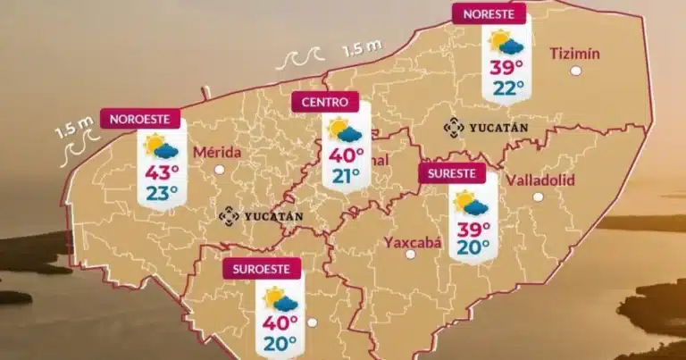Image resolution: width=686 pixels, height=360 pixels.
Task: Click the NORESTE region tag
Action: coord(489,14)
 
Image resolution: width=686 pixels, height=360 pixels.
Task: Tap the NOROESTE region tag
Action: coord(141,119)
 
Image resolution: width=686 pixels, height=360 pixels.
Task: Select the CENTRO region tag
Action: coord(325,103)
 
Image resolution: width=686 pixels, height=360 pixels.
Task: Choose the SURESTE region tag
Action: coord(452,173)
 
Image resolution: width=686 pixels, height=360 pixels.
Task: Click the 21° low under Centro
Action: coord(347,175)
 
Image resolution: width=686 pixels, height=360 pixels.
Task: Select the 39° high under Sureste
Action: coord(473,229)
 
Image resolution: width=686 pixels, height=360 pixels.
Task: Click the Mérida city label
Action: coord(217,152)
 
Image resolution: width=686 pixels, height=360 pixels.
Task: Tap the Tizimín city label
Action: coord(574,53)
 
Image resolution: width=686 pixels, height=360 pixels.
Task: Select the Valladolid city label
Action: coord(540,180)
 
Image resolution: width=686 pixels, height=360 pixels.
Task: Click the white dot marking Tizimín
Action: coord(576,70)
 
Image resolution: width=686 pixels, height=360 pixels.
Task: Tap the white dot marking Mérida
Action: coord(219,168)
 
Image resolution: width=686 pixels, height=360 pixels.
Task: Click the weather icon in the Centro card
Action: coord(345,131)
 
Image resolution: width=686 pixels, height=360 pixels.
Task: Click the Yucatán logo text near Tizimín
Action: coord(487,129)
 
